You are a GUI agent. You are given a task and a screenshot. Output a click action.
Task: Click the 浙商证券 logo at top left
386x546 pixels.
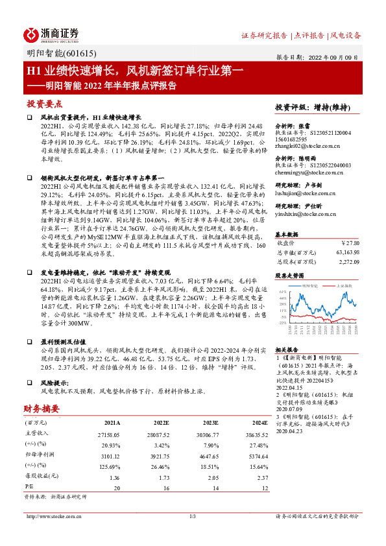coord(51,34)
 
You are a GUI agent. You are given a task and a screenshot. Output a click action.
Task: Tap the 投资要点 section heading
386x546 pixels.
coord(44,103)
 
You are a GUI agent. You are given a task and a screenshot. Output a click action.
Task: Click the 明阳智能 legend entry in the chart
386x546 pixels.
coord(308,285)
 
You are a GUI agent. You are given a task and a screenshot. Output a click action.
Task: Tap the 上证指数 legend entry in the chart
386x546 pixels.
coord(343,285)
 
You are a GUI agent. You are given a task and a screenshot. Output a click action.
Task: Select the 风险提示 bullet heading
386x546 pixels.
coord(58,383)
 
